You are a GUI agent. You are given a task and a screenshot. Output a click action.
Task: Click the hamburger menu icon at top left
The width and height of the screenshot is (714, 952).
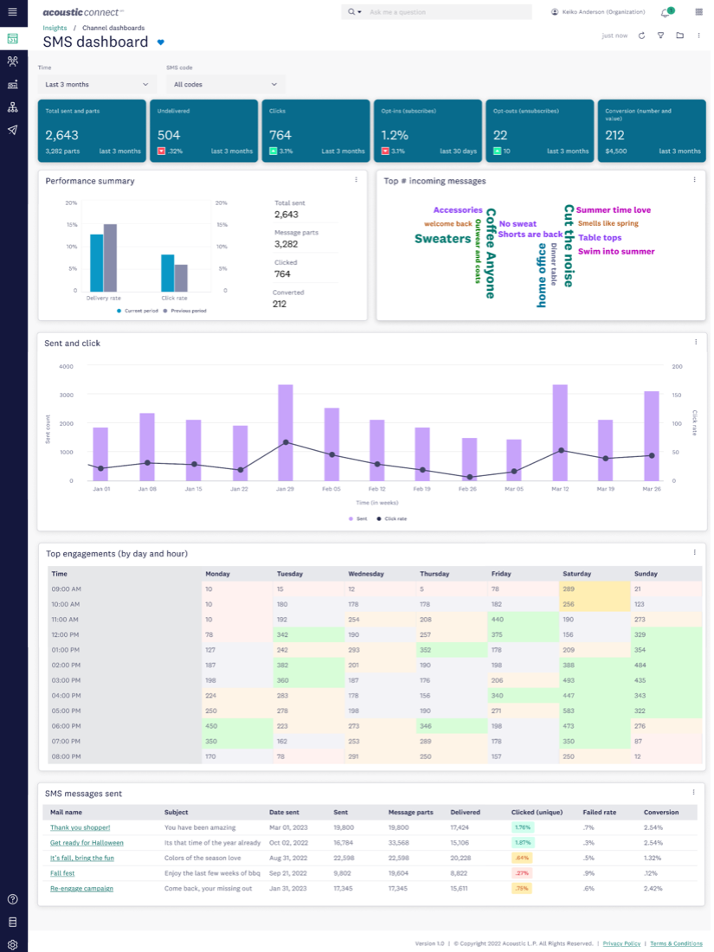(12, 11)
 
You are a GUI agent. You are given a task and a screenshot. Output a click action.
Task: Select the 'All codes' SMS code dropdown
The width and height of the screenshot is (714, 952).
(225, 85)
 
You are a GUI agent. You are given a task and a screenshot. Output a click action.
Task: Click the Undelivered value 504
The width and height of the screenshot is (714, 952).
(169, 135)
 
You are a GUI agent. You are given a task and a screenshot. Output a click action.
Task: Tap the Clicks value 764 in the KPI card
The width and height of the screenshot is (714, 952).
(280, 135)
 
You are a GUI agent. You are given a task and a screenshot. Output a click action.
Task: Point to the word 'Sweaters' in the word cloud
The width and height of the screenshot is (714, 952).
(442, 239)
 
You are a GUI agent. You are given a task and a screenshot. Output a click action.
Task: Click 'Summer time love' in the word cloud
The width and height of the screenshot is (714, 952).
(613, 210)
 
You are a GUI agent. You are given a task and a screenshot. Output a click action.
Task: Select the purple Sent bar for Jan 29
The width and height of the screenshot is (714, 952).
(285, 433)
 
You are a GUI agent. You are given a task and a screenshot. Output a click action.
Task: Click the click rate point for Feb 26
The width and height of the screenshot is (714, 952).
(469, 477)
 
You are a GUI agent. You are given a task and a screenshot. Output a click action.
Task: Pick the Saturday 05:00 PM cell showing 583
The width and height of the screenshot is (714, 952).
(569, 711)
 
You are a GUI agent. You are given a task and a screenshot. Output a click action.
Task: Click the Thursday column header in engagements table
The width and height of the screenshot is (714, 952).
(434, 574)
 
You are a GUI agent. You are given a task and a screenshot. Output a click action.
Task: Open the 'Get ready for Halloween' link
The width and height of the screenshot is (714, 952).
(87, 843)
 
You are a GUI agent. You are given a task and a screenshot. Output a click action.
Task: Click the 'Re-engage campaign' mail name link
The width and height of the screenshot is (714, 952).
(81, 889)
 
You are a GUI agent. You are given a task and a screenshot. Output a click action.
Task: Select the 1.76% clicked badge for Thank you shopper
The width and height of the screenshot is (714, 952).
(522, 827)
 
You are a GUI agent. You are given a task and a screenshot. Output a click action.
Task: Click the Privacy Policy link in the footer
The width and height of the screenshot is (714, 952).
(621, 943)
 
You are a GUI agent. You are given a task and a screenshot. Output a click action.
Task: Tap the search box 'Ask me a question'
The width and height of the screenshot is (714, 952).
(441, 12)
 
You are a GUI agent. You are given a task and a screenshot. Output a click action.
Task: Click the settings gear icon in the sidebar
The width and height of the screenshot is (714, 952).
(12, 944)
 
